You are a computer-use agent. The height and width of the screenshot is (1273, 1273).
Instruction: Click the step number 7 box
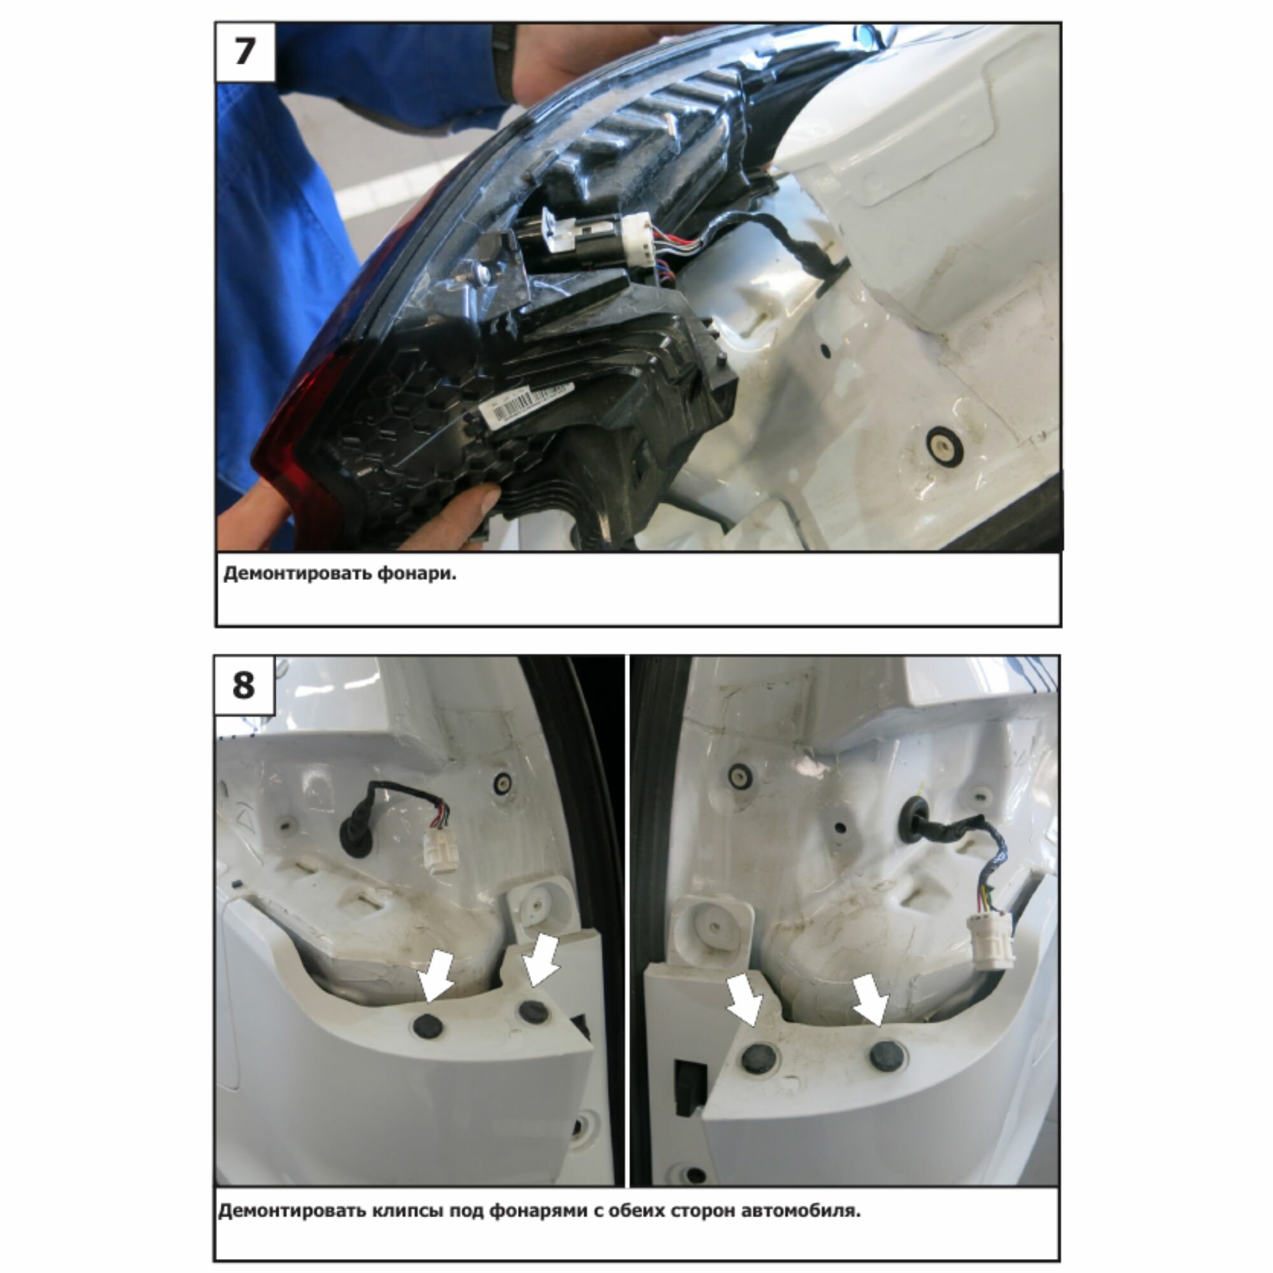pyautogui.click(x=245, y=53)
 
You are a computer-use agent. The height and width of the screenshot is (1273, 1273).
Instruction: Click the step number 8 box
pyautogui.click(x=244, y=686)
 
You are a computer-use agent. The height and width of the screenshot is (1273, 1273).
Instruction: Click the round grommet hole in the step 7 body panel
pyautogui.click(x=944, y=444)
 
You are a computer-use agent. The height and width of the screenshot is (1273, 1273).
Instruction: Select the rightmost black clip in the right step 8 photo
pyautogui.click(x=886, y=1056)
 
